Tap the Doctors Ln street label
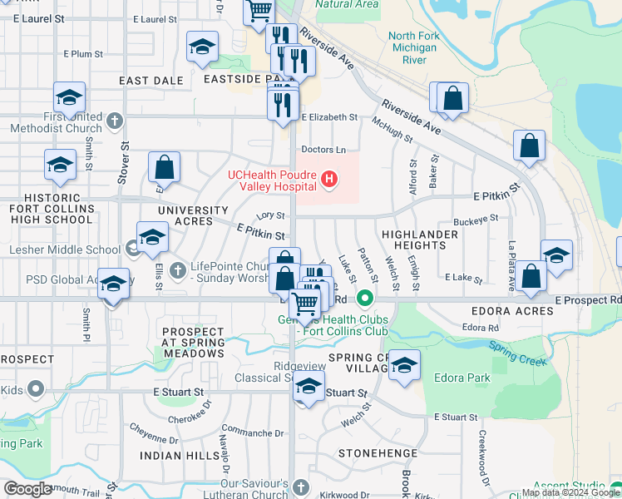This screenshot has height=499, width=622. coord(323,150)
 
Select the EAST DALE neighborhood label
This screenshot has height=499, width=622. coord(151,81)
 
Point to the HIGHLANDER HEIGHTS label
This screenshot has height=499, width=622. coord(420,240)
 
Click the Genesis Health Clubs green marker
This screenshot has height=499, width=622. coord(363,297)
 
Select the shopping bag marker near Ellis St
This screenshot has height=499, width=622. coord(165,168)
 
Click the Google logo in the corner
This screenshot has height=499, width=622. coord(28,489)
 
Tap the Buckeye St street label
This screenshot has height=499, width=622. coord(476,219)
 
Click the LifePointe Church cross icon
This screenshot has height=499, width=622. coord(177,269)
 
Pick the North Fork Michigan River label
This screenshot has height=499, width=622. coord(413,47)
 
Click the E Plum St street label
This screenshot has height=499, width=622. coord(83,54)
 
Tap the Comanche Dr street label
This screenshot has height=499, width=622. coord(247,432)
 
